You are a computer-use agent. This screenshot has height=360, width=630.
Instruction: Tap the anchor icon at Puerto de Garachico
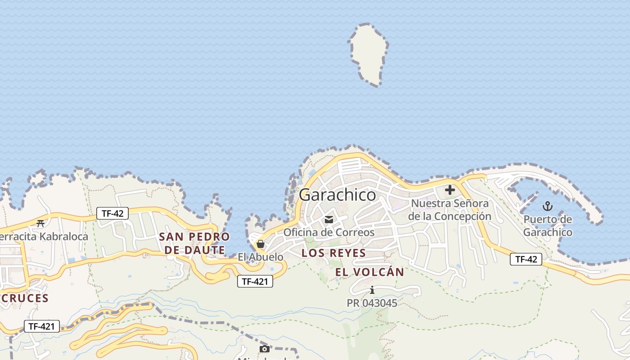(x=548, y=206)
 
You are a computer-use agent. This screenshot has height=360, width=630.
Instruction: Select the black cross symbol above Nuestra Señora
(x=450, y=190)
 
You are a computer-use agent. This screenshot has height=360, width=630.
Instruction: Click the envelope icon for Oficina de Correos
(x=329, y=220)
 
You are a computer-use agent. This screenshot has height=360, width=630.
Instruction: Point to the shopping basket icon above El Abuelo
(x=260, y=244)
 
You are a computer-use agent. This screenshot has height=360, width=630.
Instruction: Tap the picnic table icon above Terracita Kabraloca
(x=40, y=223)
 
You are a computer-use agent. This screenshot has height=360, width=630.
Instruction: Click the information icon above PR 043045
(x=372, y=290)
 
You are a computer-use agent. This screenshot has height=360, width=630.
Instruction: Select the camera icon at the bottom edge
(x=265, y=349)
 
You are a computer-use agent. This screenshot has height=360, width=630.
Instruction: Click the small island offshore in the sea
(x=368, y=54)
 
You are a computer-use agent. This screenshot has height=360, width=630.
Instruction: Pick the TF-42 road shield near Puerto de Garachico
(x=526, y=259)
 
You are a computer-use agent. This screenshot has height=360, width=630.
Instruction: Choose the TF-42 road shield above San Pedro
(x=112, y=213)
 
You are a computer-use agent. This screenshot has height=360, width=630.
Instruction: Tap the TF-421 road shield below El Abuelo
(x=255, y=282)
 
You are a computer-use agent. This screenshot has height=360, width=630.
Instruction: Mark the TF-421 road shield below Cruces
(x=42, y=327)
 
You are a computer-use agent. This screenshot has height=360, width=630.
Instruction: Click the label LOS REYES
(x=333, y=253)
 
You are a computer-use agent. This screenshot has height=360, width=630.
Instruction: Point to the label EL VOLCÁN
(x=369, y=272)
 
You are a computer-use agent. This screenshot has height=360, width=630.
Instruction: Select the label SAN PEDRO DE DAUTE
(x=194, y=243)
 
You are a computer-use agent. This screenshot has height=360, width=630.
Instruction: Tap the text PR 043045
(x=372, y=303)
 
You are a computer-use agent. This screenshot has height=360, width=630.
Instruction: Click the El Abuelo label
(x=261, y=257)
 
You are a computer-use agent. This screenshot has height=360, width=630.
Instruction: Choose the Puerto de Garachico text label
(x=548, y=226)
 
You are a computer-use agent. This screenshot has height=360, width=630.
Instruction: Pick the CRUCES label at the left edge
(x=24, y=298)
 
